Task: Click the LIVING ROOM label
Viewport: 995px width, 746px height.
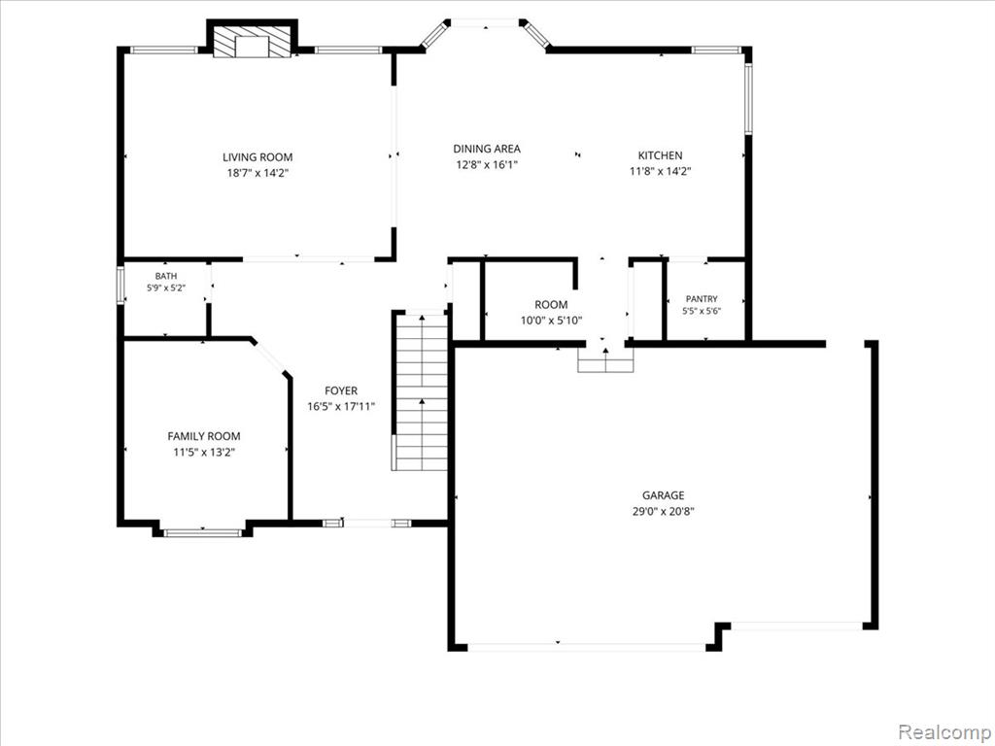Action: click(257, 157)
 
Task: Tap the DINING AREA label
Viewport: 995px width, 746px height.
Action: click(487, 149)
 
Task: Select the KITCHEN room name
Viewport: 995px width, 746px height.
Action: click(660, 155)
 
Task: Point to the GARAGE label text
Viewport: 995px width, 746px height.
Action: click(663, 495)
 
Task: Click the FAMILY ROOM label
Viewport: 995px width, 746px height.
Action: click(204, 436)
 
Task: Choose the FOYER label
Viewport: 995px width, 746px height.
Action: click(341, 390)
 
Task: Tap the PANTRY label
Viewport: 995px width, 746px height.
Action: click(702, 299)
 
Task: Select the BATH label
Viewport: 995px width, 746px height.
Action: click(166, 276)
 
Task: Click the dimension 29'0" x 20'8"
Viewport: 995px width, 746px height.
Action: click(663, 511)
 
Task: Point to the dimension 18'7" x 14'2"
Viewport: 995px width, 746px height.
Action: click(257, 173)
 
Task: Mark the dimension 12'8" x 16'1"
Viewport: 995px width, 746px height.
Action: click(487, 164)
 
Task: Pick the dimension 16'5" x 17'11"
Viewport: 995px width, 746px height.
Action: click(341, 407)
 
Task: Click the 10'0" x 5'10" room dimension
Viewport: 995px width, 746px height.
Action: click(551, 321)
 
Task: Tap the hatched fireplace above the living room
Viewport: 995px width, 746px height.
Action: click(253, 41)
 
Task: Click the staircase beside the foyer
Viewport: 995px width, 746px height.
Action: click(420, 392)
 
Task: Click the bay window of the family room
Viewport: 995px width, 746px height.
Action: click(202, 532)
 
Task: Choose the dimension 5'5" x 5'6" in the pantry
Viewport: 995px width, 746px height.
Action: click(702, 312)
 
